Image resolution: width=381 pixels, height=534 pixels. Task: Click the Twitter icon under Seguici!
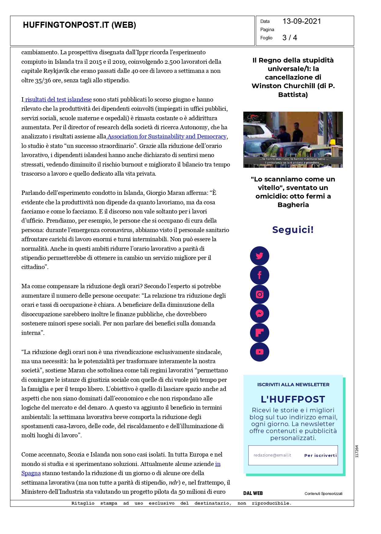259,256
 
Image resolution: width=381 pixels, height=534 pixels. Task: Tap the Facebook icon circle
259,275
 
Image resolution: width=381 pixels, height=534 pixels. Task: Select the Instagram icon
259,294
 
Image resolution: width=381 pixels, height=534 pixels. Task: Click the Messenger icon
259,314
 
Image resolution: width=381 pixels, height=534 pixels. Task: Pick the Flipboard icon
259,333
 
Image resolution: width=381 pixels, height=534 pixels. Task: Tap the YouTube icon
259,352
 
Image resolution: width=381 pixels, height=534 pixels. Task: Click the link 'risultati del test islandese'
58,99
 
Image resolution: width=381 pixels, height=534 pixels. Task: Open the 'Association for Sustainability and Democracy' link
167,136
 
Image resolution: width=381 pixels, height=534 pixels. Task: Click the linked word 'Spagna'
31,473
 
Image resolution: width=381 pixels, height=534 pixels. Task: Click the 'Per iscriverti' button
320,455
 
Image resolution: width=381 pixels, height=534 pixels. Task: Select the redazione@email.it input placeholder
272,455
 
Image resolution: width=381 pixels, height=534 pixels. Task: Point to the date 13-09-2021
302,21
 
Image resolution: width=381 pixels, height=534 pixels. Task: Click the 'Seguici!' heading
293,230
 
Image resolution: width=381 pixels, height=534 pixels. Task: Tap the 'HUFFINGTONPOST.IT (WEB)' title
79,25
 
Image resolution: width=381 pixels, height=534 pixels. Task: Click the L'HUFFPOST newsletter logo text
293,399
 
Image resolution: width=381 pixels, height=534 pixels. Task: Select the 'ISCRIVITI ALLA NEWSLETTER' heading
293,385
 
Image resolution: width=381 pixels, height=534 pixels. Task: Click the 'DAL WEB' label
253,493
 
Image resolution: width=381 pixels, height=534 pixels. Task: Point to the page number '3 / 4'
289,38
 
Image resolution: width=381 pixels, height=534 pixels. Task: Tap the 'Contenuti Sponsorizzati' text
323,494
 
